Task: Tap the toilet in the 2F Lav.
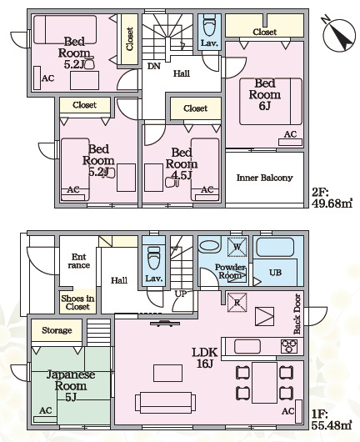click(x=209, y=26)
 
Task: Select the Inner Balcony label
click(x=264, y=178)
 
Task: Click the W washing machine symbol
click(x=237, y=247)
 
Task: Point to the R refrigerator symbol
click(x=237, y=303)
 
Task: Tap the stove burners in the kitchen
click(x=289, y=346)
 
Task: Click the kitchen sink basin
click(x=247, y=346)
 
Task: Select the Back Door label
click(x=297, y=314)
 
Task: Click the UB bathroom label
click(x=275, y=273)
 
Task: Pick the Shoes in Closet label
click(x=77, y=302)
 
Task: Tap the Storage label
click(x=57, y=330)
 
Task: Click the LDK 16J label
click(x=205, y=358)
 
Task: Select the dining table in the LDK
click(x=264, y=383)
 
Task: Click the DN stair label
click(x=154, y=66)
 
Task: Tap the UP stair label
click(x=181, y=294)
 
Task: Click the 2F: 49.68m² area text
click(x=332, y=198)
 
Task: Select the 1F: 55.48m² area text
click(x=332, y=419)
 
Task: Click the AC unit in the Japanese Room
click(x=45, y=419)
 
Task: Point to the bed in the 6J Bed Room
click(x=271, y=102)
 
